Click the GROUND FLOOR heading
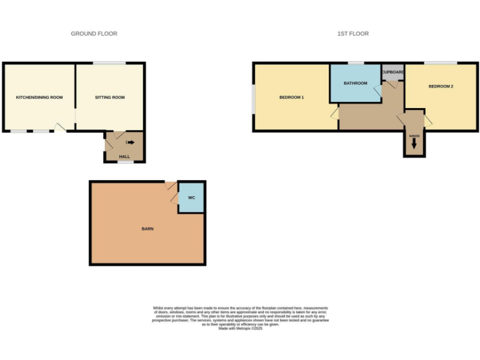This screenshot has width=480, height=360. click(94, 34)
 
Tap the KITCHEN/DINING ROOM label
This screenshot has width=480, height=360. click(39, 97)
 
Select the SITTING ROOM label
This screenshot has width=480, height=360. click(110, 97)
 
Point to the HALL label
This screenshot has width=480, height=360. click(124, 157)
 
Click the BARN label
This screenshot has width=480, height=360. click(147, 229)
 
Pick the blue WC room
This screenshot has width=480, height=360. click(192, 198)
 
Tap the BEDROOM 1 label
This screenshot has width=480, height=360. click(291, 97)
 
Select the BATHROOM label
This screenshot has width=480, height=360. click(355, 83)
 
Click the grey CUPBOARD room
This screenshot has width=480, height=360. click(392, 72)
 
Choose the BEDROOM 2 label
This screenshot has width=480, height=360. click(441, 86)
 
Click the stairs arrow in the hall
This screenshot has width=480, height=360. click(130, 142)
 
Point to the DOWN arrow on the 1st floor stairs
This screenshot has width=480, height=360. click(414, 144)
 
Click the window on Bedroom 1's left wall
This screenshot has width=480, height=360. click(253, 99)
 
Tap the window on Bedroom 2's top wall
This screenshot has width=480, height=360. click(440, 62)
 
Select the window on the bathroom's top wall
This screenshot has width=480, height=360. click(356, 62)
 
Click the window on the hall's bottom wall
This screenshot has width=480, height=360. click(126, 162)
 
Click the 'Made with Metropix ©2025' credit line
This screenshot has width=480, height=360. click(240, 329)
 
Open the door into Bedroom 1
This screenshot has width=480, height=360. click(335, 113)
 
